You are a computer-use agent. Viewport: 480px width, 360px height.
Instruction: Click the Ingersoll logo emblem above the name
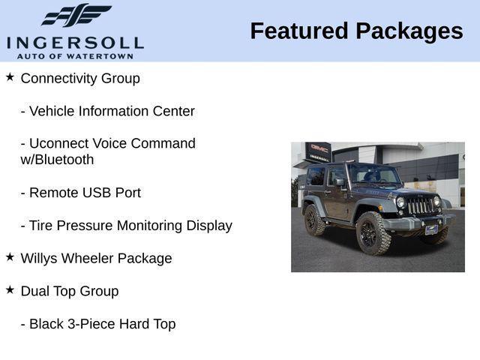(76, 15)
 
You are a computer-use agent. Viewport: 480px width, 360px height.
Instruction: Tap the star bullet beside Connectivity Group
(10, 77)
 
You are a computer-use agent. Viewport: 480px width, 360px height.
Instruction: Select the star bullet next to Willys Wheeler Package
(10, 257)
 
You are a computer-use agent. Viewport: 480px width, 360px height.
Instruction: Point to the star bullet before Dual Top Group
(10, 289)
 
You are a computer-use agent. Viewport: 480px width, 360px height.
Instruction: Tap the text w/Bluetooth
(57, 160)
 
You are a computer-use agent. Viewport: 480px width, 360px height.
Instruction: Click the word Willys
(40, 258)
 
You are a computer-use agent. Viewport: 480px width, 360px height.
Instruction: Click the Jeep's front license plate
(431, 229)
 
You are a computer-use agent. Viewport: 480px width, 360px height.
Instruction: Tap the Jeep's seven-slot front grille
(420, 205)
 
